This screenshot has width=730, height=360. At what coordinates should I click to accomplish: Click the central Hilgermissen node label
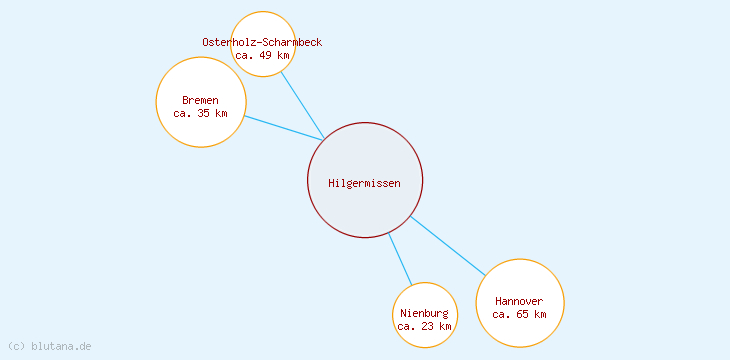[x=364, y=183]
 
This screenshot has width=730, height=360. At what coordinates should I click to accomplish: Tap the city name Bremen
[x=200, y=100]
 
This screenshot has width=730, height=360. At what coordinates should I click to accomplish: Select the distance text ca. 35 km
[x=200, y=113]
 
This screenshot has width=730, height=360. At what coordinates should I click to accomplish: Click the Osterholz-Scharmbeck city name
[x=262, y=42]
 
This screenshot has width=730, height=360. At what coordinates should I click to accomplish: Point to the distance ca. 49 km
[x=262, y=55]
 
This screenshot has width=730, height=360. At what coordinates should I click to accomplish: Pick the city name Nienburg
[x=424, y=313]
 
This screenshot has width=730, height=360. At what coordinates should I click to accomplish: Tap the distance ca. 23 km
[x=424, y=326]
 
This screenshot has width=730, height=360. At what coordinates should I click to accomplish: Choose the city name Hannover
[x=519, y=301]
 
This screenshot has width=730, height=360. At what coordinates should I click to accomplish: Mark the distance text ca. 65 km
[x=519, y=314]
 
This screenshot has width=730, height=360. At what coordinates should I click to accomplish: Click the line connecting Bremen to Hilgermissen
[x=283, y=128]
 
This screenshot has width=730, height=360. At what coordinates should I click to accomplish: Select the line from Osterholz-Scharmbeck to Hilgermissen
[x=302, y=105]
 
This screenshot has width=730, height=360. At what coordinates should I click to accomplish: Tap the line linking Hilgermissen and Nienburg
[x=400, y=259]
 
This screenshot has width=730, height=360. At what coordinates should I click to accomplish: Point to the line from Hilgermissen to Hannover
[x=448, y=245]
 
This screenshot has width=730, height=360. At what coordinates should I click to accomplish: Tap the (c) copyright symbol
[x=16, y=346]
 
